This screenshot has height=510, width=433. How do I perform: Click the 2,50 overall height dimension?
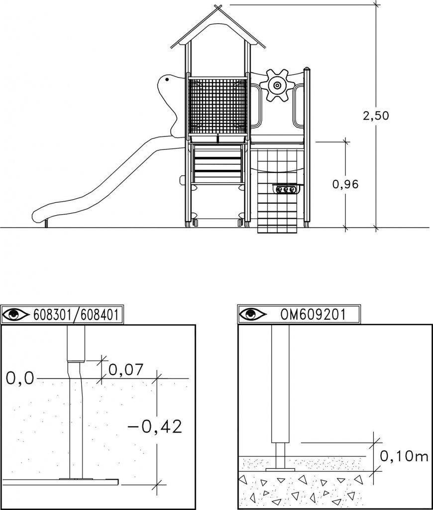click(376, 116)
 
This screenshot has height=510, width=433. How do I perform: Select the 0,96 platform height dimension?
click(345, 184)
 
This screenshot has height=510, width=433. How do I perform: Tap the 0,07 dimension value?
click(126, 370)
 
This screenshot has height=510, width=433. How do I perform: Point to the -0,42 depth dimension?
click(155, 427)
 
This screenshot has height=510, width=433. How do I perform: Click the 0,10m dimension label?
click(404, 456)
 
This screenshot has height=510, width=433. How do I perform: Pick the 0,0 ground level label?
click(20, 379)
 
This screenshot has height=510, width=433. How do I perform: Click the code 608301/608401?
click(76, 315)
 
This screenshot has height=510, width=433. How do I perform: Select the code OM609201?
click(313, 314)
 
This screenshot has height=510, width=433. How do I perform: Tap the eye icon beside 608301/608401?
click(15, 315)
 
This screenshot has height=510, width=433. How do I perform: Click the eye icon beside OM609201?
click(253, 314)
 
